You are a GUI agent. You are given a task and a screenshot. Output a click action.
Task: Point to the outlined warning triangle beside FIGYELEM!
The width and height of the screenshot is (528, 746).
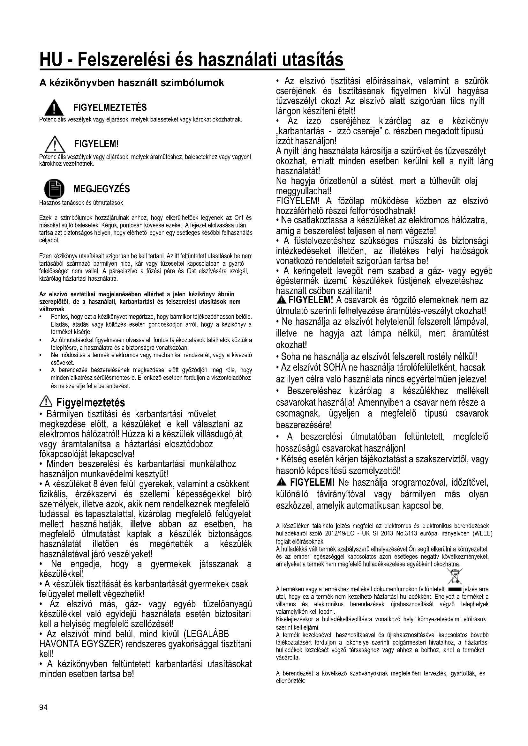[55, 144]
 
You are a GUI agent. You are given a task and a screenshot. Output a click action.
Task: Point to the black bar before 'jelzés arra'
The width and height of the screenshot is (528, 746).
[455, 589]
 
